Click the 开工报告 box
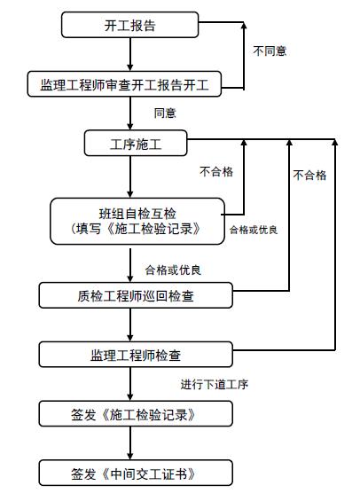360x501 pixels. click(129, 25)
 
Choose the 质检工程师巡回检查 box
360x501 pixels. click(136, 294)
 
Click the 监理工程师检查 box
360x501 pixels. click(136, 356)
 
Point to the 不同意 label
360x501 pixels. click(270, 51)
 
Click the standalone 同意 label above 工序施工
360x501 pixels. click(165, 114)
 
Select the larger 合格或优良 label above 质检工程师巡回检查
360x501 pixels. click(178, 268)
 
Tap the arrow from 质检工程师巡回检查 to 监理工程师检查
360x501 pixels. click(130, 325)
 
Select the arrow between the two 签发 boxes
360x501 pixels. click(130, 443)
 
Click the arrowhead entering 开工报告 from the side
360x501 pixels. click(205, 25)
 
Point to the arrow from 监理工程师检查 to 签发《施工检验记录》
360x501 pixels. click(130, 384)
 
